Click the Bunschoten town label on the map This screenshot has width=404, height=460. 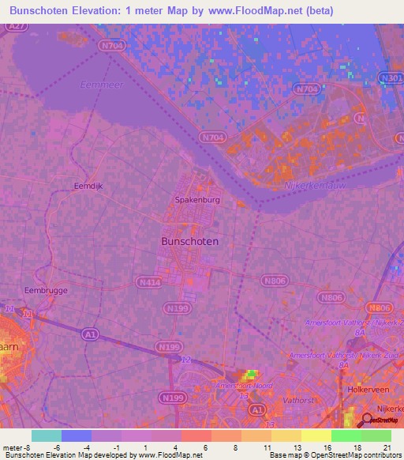click(190, 241)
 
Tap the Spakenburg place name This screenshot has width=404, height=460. click(197, 200)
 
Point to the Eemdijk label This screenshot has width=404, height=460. click(88, 187)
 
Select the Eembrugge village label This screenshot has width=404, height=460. click(46, 290)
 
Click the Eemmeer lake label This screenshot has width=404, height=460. click(97, 85)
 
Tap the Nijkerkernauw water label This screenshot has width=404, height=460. click(314, 186)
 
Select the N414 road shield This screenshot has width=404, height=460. click(148, 281)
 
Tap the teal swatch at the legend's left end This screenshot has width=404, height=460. click(47, 435)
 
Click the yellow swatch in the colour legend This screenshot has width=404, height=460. click(316, 435)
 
